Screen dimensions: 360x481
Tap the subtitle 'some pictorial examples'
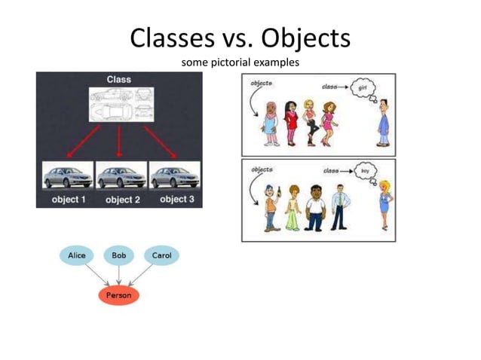(240, 62)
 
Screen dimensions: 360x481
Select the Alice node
(77, 256)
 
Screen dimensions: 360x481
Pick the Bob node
(118, 256)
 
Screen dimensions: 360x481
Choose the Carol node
(161, 256)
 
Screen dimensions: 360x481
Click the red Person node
(118, 295)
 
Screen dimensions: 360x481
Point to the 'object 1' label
(68, 200)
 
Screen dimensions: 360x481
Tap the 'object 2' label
(123, 200)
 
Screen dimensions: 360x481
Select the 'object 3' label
(176, 200)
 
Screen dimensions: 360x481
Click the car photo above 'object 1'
(68, 176)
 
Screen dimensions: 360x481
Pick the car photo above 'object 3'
(175, 176)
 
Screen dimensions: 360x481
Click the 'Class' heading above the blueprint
(119, 79)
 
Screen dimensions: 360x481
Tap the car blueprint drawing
(121, 105)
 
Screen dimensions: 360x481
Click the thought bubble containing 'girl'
(369, 88)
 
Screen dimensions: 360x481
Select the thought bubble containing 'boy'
(367, 171)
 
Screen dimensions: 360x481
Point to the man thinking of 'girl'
(384, 122)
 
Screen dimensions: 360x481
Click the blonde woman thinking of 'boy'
(384, 204)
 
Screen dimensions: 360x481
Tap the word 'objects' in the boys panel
(261, 169)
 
